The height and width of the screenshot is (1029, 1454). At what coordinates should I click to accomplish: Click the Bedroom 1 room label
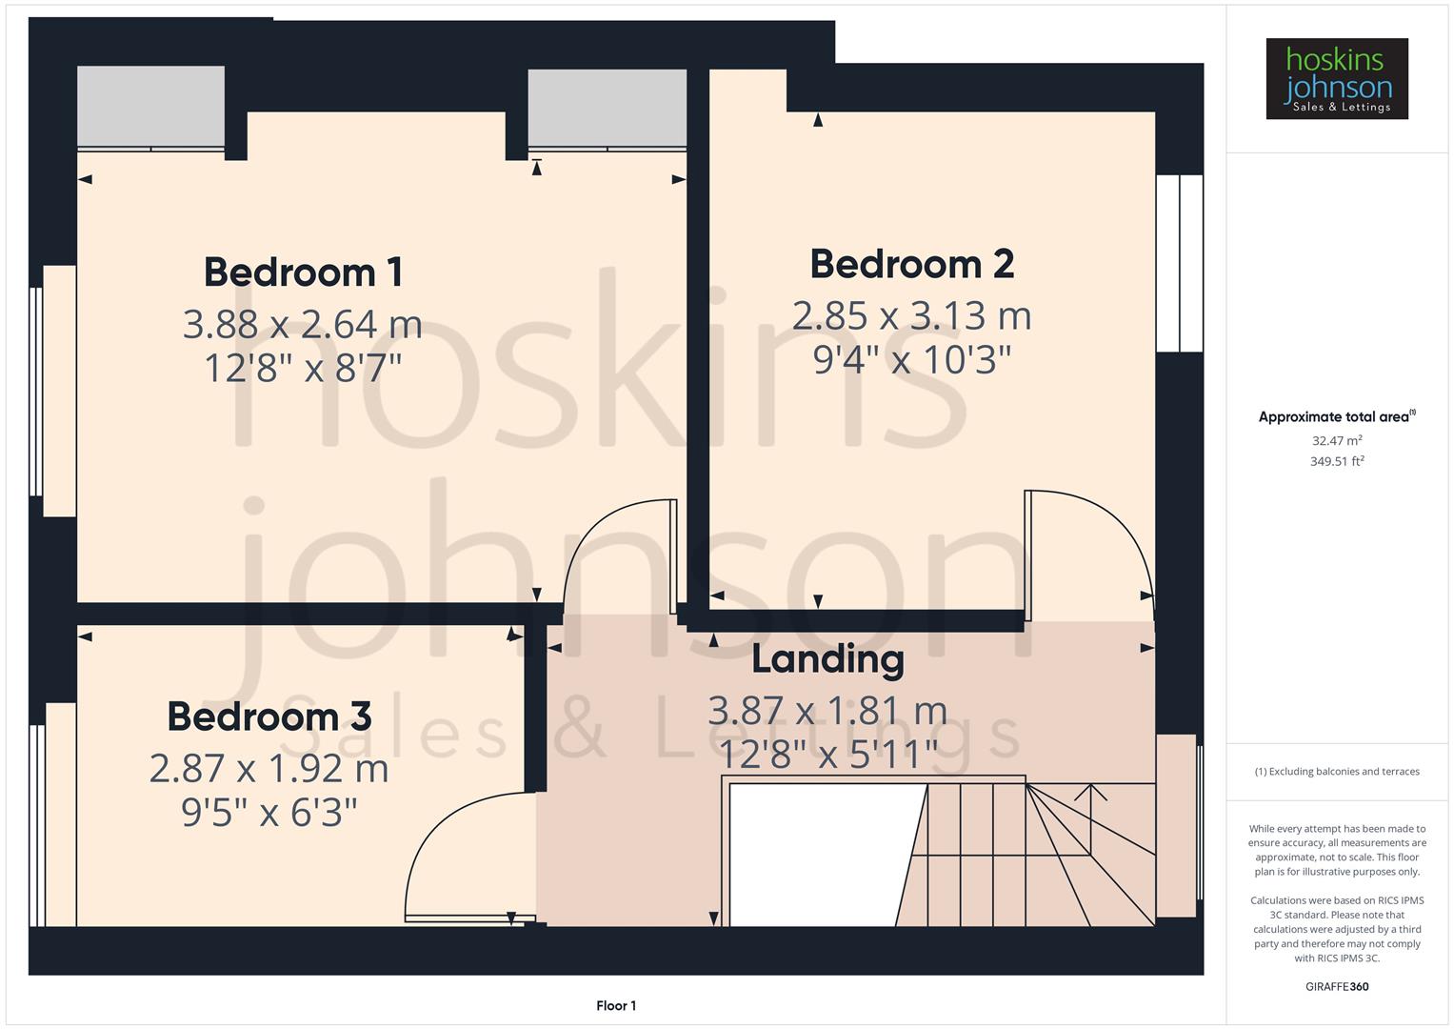(x=303, y=272)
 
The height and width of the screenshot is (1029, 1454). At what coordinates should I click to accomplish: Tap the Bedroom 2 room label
(x=911, y=264)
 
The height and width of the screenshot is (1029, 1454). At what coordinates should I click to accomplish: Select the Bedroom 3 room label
(x=269, y=716)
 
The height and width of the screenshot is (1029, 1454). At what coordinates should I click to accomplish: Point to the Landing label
(x=827, y=659)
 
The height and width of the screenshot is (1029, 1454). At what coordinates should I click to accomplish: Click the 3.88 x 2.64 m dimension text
(x=303, y=325)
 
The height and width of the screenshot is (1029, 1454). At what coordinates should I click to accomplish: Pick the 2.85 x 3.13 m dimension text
(x=911, y=316)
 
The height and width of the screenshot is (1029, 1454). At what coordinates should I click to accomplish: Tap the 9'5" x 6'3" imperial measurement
(x=269, y=813)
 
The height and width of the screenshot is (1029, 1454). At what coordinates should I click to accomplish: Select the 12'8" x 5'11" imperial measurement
(x=827, y=755)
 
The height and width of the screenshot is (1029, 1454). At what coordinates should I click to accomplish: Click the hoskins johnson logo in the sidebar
(x=1336, y=79)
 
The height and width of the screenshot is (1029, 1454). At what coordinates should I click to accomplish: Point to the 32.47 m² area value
(x=1336, y=441)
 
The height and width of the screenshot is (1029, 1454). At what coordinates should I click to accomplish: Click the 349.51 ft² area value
(x=1336, y=462)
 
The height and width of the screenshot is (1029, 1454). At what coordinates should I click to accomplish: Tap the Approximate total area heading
(x=1336, y=417)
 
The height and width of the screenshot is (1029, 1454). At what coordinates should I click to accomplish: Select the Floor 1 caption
(x=616, y=1005)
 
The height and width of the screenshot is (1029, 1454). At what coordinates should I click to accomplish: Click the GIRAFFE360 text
(x=1336, y=986)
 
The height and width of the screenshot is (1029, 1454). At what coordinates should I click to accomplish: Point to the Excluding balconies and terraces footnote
(x=1336, y=772)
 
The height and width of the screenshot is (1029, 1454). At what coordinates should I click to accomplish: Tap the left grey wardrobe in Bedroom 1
(x=150, y=107)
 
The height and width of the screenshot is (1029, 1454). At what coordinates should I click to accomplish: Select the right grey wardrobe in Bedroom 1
(x=607, y=109)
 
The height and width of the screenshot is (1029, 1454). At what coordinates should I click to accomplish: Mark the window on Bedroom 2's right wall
(x=1180, y=263)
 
